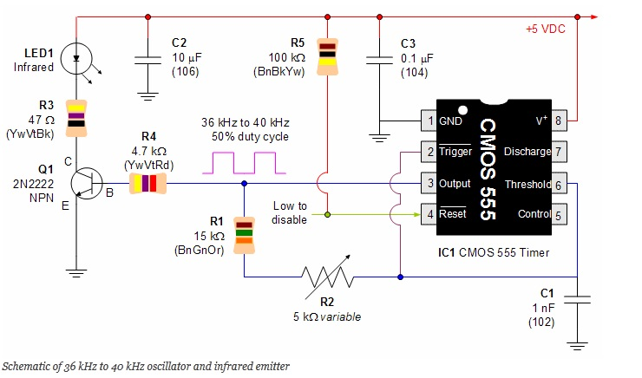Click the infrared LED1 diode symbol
coord(76,59)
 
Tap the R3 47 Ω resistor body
coord(76,118)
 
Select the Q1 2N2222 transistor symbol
coord(87,183)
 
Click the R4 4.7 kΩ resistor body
coord(148,183)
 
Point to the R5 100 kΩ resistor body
coord(328,57)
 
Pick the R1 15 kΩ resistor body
coord(244,235)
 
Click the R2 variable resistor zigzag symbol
coord(327,277)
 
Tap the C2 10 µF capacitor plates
coord(147,61)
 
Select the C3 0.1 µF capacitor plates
coord(379,61)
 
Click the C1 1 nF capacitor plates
coord(577,299)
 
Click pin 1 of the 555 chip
coord(429,121)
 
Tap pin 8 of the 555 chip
coord(559,121)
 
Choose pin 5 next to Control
coord(559,214)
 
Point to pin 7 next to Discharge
coord(559,152)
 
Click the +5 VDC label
coord(546,29)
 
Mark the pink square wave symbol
coord(244,163)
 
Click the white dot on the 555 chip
coord(462,110)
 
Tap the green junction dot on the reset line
coord(327,214)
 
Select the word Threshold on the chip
coord(527,185)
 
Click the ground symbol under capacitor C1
coord(577,346)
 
